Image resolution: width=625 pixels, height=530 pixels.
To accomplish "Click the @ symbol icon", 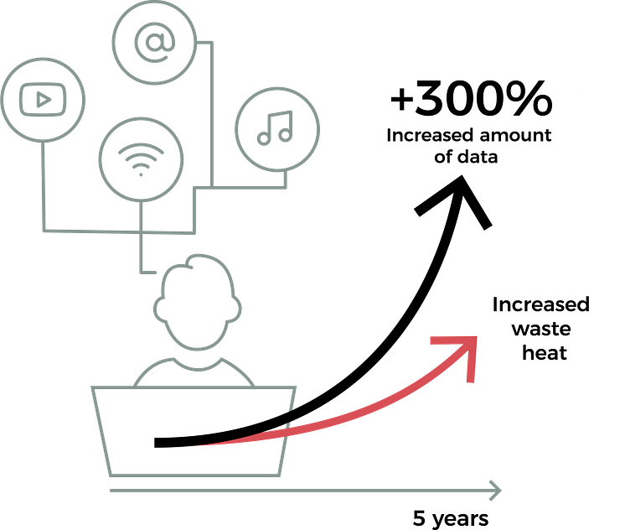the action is pos(154,43).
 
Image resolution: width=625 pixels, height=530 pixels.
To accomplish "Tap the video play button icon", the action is pos(43,99).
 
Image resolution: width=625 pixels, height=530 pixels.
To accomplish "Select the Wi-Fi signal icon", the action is pos(141,159).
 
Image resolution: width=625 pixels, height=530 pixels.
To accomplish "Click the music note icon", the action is pos(275,127).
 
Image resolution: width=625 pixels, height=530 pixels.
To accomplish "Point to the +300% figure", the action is pos(471,99).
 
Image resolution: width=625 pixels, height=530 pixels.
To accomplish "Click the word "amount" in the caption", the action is pos(515,136).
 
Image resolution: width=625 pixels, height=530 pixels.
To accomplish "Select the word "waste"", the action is pos(541,330).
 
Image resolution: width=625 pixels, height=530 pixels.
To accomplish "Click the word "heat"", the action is pos(545,353).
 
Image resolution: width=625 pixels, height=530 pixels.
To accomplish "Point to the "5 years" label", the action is pos(451,519).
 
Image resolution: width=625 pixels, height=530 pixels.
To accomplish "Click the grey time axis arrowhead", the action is pos(495,491).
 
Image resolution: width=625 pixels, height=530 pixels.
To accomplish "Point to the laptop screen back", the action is pos(194,431).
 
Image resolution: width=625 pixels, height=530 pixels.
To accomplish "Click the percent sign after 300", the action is pos(533,99).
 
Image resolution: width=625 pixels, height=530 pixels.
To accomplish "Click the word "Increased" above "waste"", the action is pos(541,305).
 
